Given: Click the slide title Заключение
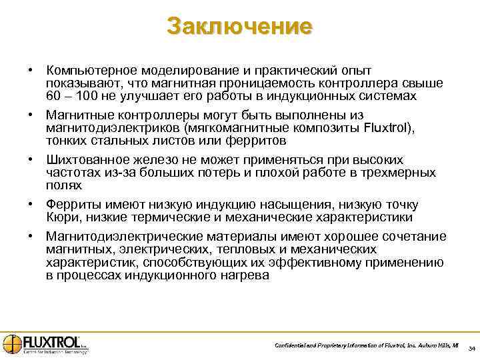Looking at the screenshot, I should click(x=239, y=26).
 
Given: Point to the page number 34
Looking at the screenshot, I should click(x=471, y=349).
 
